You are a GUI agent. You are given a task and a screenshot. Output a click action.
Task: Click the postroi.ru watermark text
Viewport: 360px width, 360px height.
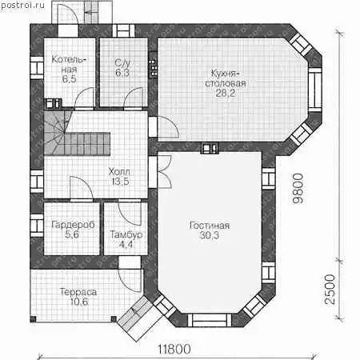(22, 6)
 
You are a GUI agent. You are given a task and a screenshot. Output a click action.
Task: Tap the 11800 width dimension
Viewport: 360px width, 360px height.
(174, 349)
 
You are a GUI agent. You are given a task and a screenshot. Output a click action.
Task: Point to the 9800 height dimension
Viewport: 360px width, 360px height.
(298, 189)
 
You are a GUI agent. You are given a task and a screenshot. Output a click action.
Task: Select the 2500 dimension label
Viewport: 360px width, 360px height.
(330, 290)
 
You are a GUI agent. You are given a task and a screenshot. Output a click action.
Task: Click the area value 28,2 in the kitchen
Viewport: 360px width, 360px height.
(226, 93)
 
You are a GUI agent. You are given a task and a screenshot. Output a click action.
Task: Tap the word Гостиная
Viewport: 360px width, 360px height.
(210, 226)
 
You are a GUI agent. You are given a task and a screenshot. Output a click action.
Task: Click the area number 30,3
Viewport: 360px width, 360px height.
(209, 235)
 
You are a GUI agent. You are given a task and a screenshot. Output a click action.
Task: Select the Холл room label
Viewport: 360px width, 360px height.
(119, 171)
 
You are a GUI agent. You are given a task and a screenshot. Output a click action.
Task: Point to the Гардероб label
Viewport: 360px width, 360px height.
(73, 225)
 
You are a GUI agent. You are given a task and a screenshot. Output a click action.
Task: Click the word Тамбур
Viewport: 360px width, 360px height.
(126, 234)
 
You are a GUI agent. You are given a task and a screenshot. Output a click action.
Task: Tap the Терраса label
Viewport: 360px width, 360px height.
(78, 292)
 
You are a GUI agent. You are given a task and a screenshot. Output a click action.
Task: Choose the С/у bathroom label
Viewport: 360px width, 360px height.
(122, 63)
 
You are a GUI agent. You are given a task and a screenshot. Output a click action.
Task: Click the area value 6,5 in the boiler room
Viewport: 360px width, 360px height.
(70, 79)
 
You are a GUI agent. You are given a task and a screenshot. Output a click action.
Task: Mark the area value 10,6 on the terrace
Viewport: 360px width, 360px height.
(79, 302)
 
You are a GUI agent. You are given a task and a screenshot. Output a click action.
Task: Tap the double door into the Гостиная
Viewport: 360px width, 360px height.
(163, 172)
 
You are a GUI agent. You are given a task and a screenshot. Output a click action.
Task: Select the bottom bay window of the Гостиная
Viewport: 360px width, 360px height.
(210, 320)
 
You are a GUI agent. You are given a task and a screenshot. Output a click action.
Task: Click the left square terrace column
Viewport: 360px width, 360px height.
(33, 319)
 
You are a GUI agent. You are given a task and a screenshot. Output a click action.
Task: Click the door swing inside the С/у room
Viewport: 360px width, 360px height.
(134, 98)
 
